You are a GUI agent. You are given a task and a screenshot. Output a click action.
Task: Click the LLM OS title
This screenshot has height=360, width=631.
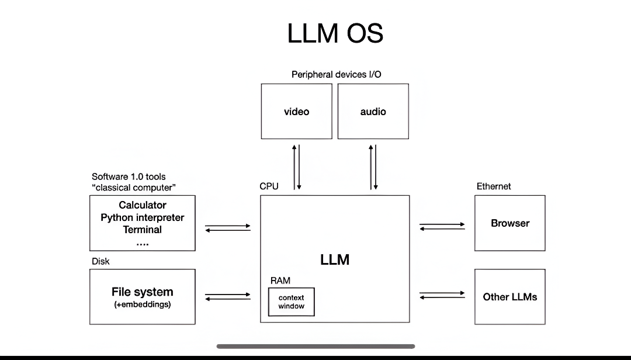(x=335, y=33)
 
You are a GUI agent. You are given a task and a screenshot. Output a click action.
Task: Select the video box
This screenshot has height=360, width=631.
(x=296, y=111)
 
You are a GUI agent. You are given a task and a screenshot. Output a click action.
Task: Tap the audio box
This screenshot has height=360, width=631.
(x=373, y=111)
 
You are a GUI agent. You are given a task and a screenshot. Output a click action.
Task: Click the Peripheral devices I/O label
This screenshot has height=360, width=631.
(x=337, y=74)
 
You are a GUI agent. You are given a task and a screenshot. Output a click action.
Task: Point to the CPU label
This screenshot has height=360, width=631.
(x=269, y=186)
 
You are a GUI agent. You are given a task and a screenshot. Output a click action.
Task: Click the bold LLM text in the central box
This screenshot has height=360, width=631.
(x=335, y=259)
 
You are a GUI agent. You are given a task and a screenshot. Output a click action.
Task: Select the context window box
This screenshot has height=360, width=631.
(x=291, y=302)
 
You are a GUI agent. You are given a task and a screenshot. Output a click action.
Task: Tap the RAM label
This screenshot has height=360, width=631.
(x=280, y=281)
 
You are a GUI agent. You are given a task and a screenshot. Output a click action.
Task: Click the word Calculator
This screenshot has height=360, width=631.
(x=143, y=205)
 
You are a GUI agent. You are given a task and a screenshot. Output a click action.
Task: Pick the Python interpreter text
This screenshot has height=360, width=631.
(x=143, y=217)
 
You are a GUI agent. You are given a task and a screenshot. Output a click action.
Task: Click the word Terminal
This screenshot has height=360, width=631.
(x=143, y=230)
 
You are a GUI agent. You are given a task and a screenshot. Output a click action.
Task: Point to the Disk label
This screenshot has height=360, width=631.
(x=100, y=261)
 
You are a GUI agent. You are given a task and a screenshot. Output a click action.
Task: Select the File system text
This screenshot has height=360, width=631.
(x=143, y=292)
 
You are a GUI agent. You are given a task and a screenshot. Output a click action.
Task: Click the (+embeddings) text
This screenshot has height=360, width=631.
(x=143, y=304)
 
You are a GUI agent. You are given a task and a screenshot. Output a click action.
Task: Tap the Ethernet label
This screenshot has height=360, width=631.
(x=494, y=186)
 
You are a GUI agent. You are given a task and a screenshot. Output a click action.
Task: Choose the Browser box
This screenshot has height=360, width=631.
(x=510, y=223)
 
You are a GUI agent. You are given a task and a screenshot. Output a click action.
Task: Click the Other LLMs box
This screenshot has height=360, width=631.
(x=510, y=296)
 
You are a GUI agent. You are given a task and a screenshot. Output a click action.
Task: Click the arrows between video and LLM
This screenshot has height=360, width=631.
(x=296, y=167)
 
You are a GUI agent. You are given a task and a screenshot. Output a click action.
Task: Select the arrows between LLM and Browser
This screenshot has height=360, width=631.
(x=442, y=226)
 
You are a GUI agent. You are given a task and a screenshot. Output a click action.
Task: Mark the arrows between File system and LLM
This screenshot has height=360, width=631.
(x=228, y=296)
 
